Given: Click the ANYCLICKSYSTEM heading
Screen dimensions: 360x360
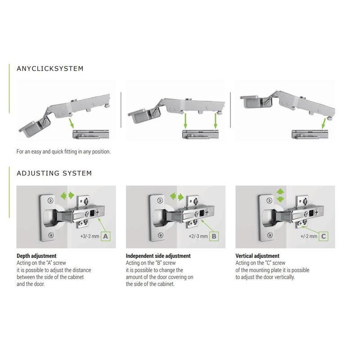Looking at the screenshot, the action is pyautogui.click(x=50, y=69).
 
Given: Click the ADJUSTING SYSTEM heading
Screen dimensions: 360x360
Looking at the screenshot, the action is pyautogui.click(x=54, y=173).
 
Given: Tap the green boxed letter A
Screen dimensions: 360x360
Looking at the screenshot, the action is pyautogui.click(x=106, y=236).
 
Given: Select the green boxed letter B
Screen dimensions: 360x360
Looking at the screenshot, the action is pyautogui.click(x=214, y=236).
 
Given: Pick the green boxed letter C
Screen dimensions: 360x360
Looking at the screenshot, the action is pyautogui.click(x=324, y=236).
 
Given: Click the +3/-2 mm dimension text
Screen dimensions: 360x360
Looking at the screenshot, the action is pyautogui.click(x=90, y=236).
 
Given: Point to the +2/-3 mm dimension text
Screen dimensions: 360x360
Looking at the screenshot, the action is pyautogui.click(x=198, y=236).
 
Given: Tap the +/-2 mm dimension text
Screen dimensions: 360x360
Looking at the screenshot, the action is pyautogui.click(x=309, y=236).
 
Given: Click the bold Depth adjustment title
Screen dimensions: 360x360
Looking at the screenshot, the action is pyautogui.click(x=36, y=256).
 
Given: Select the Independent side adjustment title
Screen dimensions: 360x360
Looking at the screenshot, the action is pyautogui.click(x=158, y=256).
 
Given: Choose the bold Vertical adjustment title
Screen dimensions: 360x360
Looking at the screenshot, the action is pyautogui.click(x=257, y=256).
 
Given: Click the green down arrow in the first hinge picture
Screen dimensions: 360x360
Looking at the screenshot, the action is pyautogui.click(x=71, y=123).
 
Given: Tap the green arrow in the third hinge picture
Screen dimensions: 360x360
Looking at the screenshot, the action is pyautogui.click(x=324, y=123).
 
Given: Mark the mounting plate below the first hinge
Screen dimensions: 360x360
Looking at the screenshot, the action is pyautogui.click(x=91, y=134).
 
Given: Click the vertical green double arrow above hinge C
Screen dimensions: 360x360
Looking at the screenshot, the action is pyautogui.click(x=280, y=195).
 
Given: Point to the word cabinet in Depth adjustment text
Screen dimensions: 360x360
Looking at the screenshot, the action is pyautogui.click(x=76, y=277).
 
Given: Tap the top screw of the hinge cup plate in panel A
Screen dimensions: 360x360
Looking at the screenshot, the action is pyautogui.click(x=50, y=201).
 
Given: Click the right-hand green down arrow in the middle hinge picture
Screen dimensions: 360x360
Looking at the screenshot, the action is pyautogui.click(x=216, y=121).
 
